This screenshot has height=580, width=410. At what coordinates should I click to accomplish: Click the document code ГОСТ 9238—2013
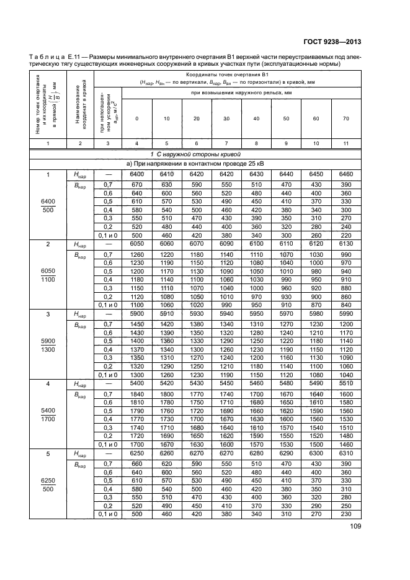click(x=332, y=42)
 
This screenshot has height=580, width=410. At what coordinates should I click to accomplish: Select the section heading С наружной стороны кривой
click(x=197, y=154)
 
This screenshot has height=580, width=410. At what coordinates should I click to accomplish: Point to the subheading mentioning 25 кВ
click(x=197, y=163)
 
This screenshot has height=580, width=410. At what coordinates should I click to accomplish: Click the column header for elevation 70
click(x=345, y=118)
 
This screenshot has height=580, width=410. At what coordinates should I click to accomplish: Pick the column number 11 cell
click(x=345, y=143)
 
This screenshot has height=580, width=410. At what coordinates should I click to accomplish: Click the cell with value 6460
click(x=345, y=176)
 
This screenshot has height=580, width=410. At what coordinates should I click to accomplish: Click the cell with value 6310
click(x=345, y=454)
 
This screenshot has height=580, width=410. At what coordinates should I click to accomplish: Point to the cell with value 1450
click(x=136, y=324)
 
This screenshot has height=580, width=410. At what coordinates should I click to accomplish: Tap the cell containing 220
click(x=345, y=236)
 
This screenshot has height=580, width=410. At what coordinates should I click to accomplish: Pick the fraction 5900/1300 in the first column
click(x=47, y=345)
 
